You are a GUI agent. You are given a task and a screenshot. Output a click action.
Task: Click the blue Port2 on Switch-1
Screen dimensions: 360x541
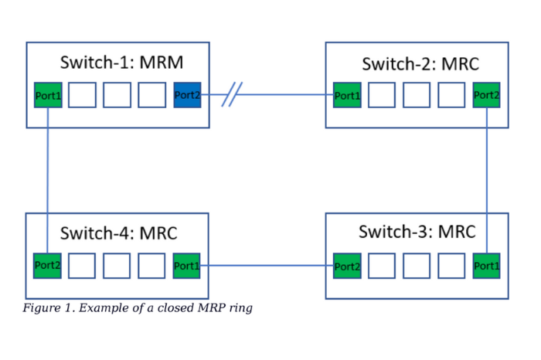[187, 95]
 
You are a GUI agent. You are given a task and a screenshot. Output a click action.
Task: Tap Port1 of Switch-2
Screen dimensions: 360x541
[347, 95]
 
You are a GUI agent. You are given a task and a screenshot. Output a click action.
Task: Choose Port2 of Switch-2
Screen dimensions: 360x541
[486, 95]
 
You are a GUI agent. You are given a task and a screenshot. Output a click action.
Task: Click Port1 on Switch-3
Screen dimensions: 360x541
[486, 266]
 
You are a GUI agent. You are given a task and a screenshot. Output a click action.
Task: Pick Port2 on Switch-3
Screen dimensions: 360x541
[347, 266]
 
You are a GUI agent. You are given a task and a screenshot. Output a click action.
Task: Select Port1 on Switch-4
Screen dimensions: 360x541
[187, 265]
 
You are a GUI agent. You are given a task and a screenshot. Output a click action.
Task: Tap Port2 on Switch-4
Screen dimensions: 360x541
[48, 265]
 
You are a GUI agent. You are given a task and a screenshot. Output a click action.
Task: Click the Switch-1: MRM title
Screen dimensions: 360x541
[121, 63]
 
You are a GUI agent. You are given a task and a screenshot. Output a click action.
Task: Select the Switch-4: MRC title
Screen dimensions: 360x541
[119, 233]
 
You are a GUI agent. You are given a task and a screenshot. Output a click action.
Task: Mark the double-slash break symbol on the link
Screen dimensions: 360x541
[231, 96]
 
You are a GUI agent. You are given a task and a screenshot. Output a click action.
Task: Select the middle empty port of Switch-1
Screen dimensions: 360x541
[117, 95]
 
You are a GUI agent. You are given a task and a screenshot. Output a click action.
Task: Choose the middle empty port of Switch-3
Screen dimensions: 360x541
[417, 266]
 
